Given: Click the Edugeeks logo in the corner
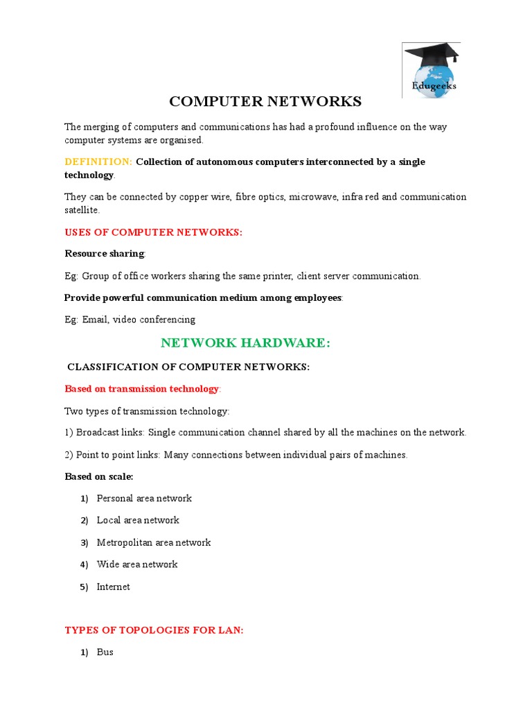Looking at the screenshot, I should click(x=431, y=71).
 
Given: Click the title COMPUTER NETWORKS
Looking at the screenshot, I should click(x=265, y=102).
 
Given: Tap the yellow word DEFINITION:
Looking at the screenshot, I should click(x=98, y=162).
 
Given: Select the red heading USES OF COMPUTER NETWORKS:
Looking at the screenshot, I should click(x=153, y=232).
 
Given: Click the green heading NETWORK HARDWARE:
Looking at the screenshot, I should click(x=246, y=343).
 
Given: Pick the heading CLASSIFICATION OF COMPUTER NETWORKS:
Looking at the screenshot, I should click(x=188, y=367).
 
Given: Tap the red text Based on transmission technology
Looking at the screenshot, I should click(x=141, y=389).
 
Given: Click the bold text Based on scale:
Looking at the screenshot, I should click(x=98, y=476).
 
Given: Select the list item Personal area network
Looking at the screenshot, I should click(x=144, y=499).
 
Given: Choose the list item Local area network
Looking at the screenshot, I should click(x=138, y=520).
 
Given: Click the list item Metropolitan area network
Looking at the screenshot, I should click(x=154, y=542).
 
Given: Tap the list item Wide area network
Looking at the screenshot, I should click(x=137, y=564).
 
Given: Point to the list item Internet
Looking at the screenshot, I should click(x=113, y=587).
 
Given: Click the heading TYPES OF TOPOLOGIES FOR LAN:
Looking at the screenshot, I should click(x=154, y=630).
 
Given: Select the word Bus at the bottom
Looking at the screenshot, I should click(x=105, y=652).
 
